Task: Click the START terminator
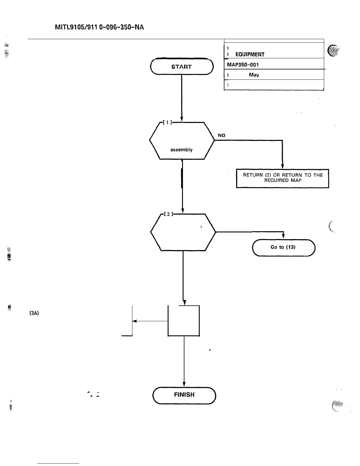pyautogui.click(x=181, y=67)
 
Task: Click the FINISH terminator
pyautogui.click(x=184, y=395)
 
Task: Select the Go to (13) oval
pyautogui.click(x=283, y=247)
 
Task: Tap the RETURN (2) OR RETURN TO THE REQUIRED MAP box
pyautogui.click(x=282, y=178)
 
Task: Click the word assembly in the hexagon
pyautogui.click(x=181, y=150)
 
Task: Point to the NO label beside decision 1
pyautogui.click(x=221, y=135)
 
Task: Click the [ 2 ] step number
pyautogui.click(x=168, y=214)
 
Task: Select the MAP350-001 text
pyautogui.click(x=243, y=64)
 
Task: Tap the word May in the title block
pyautogui.click(x=254, y=75)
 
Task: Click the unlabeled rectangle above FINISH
pyautogui.click(x=184, y=321)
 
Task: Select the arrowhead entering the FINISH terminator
pyautogui.click(x=184, y=384)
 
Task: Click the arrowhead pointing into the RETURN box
pyautogui.click(x=282, y=167)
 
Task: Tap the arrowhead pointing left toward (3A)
pyautogui.click(x=135, y=321)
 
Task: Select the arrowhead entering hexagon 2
pyautogui.click(x=183, y=210)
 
